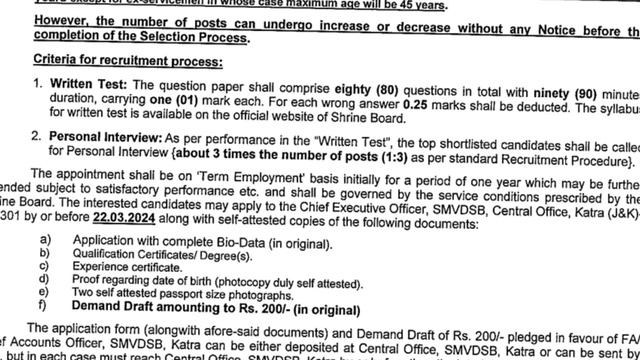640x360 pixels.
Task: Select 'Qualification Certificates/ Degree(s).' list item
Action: [x=169, y=257]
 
